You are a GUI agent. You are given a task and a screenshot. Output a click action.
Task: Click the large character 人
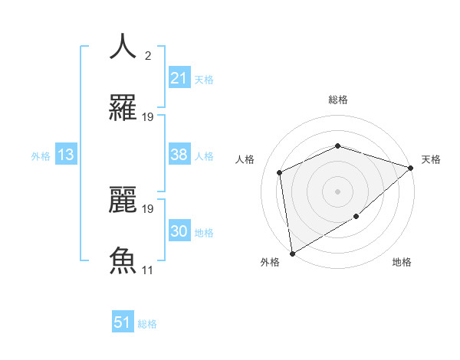[x=123, y=46]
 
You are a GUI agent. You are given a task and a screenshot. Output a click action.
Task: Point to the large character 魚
[x=123, y=260]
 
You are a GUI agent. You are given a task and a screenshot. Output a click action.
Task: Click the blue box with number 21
[x=179, y=78]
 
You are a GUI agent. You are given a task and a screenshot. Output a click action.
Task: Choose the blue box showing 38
[x=179, y=155]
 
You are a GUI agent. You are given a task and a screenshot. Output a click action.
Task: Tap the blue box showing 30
[x=179, y=231]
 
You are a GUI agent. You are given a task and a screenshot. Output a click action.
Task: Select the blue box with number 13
[x=66, y=155]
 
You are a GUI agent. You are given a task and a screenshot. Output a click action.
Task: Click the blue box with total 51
[x=123, y=322]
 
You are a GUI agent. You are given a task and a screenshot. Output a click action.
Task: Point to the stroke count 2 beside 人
[x=147, y=55]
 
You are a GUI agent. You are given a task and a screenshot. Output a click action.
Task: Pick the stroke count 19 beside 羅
[x=148, y=116]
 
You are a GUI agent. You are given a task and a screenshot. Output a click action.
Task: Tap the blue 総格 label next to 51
[x=147, y=324]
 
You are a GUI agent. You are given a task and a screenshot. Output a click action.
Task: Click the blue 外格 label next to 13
[x=41, y=155]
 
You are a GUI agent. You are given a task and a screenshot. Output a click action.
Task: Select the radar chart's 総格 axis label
[x=337, y=100]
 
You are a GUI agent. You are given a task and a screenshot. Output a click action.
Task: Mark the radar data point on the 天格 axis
[x=412, y=168]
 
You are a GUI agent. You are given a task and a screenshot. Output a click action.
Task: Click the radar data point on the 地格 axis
[x=356, y=217]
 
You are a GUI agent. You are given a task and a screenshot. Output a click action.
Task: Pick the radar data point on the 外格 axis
[x=292, y=253]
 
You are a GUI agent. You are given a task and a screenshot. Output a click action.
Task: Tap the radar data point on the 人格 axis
[x=280, y=172]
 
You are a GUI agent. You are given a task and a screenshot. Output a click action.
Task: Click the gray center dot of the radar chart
[x=337, y=191]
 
